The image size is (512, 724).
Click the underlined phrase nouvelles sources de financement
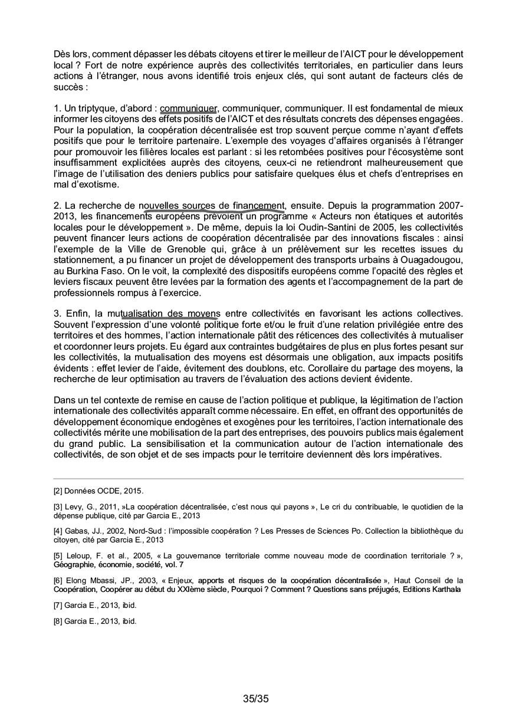pos(212,206)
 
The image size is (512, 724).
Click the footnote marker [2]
pos(58,491)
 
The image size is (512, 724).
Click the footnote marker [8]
pos(58,621)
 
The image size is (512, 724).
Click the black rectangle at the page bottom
pos(254,698)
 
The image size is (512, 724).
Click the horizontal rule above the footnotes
pos(258,478)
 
